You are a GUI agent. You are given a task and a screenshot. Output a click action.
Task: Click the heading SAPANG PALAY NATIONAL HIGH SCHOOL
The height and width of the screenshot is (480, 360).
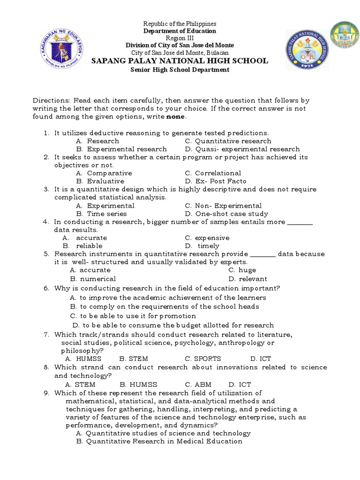179,61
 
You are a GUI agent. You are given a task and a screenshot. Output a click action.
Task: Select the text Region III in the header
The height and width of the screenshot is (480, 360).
180,38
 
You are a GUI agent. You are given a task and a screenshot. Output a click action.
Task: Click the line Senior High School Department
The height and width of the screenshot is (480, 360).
180,70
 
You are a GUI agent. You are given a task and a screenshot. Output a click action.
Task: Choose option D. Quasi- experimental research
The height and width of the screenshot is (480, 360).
242,149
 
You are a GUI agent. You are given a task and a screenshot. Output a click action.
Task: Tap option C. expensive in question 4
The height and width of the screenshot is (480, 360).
207,238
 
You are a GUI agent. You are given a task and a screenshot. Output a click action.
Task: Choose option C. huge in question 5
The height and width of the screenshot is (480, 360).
242,270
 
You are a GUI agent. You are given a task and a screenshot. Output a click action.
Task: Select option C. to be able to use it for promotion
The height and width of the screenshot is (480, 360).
133,316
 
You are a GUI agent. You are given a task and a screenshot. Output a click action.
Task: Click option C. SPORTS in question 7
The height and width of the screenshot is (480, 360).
202,359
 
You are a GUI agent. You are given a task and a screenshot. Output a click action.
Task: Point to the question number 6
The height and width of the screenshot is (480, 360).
46,288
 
